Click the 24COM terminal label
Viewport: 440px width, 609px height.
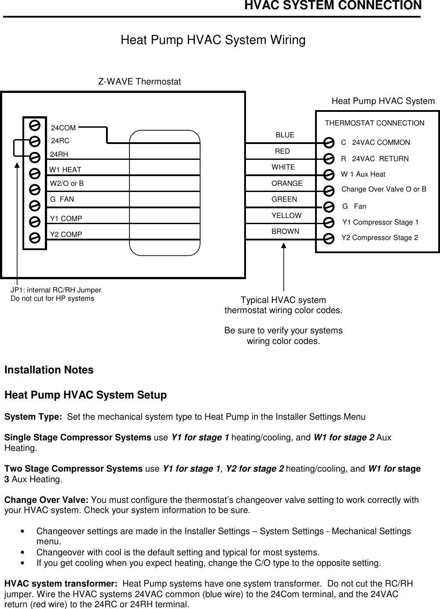pos(63,128)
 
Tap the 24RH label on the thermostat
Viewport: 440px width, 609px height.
pos(59,154)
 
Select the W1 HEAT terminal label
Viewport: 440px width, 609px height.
pos(65,170)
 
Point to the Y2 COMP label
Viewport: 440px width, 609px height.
pos(66,235)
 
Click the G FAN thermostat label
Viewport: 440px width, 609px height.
pos(62,199)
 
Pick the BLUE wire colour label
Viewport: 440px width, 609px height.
pos(285,135)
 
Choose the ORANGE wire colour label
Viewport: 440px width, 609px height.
pos(287,183)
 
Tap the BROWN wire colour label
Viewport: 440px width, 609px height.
pos(285,231)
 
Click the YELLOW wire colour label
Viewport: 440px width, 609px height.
pos(286,215)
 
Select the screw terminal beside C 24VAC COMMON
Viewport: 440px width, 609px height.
pos(328,142)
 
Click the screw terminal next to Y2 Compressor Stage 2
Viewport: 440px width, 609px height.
pos(328,239)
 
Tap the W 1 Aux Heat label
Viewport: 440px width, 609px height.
pos(363,174)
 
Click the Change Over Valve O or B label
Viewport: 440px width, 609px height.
pos(384,189)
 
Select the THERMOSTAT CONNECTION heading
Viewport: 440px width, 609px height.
pos(374,123)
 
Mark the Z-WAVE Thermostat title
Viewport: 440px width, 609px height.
pos(139,82)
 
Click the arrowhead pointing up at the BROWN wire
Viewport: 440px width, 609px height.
pos(284,245)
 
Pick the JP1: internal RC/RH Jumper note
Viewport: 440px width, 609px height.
pos(56,290)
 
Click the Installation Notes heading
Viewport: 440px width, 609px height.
pos(49,370)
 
